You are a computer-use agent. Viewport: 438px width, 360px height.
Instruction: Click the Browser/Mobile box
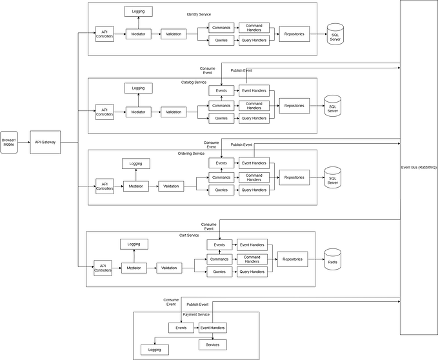(x=9, y=142)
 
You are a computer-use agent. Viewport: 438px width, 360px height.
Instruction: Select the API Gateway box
(x=45, y=142)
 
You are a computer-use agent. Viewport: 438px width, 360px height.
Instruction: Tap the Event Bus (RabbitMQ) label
(x=419, y=167)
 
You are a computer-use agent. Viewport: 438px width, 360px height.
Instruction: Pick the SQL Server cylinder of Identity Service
(x=335, y=34)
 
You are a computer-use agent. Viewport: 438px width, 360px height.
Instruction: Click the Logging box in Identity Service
(x=139, y=12)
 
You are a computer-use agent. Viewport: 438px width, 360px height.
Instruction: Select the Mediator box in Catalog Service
(x=139, y=112)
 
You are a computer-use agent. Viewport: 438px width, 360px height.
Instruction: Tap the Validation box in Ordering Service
(x=171, y=186)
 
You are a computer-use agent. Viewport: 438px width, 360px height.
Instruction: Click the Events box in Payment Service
(x=181, y=328)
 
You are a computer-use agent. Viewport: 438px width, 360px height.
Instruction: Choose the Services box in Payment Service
(x=212, y=345)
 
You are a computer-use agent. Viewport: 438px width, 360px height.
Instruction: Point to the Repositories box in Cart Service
(x=292, y=259)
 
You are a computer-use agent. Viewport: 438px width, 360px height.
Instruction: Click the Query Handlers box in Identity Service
(x=254, y=40)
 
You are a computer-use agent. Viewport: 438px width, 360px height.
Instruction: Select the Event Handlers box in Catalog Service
(x=254, y=91)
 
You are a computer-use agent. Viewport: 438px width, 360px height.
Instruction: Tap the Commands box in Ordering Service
(x=221, y=177)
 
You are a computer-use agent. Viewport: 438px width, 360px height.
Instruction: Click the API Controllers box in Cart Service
(x=103, y=268)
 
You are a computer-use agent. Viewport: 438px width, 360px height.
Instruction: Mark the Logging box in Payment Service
(x=155, y=350)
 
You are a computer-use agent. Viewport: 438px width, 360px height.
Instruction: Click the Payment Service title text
(x=196, y=315)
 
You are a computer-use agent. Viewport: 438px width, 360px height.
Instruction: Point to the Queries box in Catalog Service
(x=221, y=118)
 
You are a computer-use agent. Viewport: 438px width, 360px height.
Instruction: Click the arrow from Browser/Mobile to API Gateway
(x=24, y=142)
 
